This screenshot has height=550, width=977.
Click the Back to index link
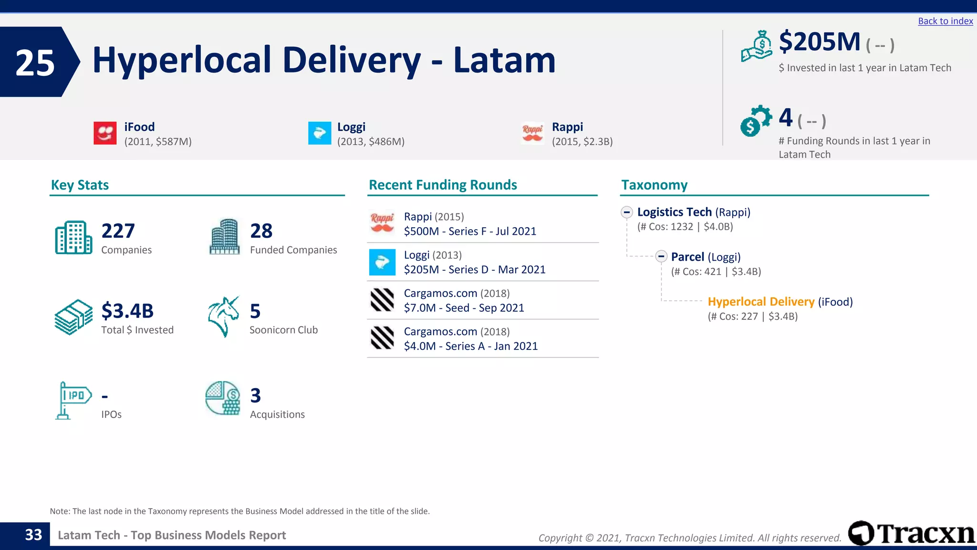click(945, 21)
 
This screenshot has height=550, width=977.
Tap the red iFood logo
click(105, 133)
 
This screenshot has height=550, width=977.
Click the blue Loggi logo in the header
click(320, 133)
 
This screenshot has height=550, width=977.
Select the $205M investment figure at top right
click(819, 42)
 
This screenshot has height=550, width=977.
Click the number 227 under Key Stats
click(118, 231)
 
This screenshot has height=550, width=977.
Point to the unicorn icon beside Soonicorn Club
click(223, 316)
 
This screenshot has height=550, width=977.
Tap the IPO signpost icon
click(73, 400)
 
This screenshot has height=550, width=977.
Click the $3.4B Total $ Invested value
click(127, 311)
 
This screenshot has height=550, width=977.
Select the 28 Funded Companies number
click(261, 231)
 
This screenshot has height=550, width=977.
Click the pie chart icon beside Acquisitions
click(223, 398)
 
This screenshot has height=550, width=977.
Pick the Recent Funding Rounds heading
click(443, 185)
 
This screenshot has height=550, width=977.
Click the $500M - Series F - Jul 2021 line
click(470, 232)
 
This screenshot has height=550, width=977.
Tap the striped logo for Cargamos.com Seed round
click(382, 300)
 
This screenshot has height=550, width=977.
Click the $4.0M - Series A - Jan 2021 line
click(470, 346)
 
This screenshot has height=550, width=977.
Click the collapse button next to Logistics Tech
click(627, 212)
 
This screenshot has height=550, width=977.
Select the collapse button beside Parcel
click(661, 256)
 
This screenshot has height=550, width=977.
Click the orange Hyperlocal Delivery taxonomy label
click(761, 302)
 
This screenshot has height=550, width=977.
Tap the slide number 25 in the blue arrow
click(35, 63)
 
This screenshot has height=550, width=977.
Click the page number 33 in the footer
click(33, 535)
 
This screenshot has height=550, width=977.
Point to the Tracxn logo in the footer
click(911, 533)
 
